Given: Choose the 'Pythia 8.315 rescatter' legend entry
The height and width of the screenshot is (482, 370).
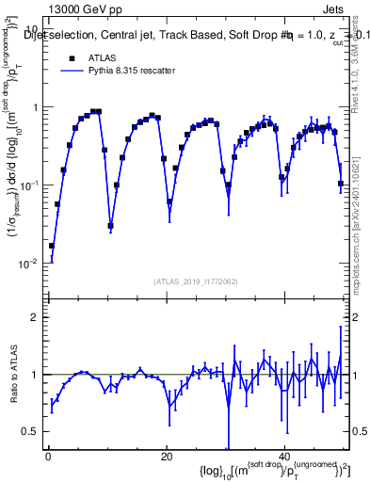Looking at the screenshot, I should tap(118, 71).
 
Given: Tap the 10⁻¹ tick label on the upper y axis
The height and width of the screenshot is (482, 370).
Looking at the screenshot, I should tap(31, 185).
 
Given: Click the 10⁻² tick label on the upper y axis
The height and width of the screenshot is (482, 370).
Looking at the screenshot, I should tap(31, 263).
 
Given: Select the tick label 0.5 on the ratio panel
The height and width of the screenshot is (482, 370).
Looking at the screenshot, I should tap(32, 431).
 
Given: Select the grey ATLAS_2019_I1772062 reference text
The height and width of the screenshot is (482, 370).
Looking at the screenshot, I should tap(197, 281).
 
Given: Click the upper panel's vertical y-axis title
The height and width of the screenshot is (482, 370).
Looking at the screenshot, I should tap(12, 160).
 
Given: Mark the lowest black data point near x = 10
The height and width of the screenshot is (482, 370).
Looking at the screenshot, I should tap(111, 226).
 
